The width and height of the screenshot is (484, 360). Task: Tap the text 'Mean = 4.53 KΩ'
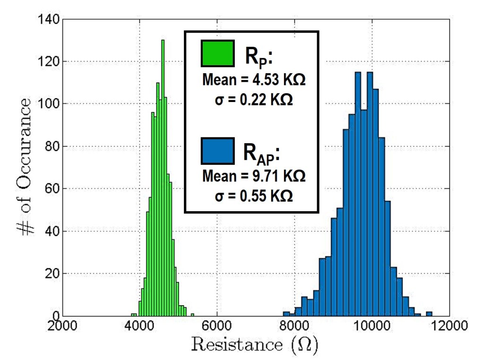pos(254,80)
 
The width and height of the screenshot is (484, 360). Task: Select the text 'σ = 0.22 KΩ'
pos(254,100)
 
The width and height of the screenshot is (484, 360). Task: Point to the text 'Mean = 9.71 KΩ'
pos(254,177)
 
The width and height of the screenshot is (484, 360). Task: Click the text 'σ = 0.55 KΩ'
pos(254,196)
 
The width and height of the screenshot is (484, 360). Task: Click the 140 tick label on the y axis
pos(50,20)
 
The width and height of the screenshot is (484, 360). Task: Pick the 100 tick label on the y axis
pos(50,104)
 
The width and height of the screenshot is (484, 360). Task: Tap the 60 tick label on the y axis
pos(52,189)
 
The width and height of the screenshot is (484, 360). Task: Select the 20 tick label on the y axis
pos(52,274)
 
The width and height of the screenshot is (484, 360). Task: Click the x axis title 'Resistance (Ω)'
pos(255,346)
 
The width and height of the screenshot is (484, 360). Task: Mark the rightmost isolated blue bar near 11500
pos(429,313)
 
